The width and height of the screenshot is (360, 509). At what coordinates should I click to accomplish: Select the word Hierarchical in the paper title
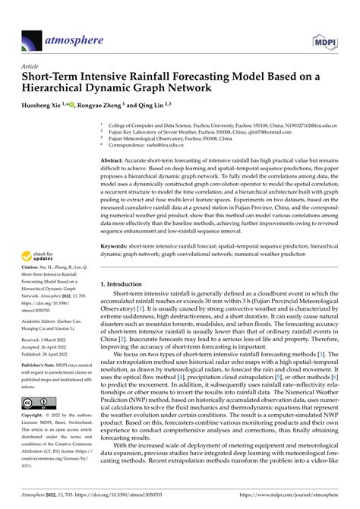[x=65, y=88]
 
